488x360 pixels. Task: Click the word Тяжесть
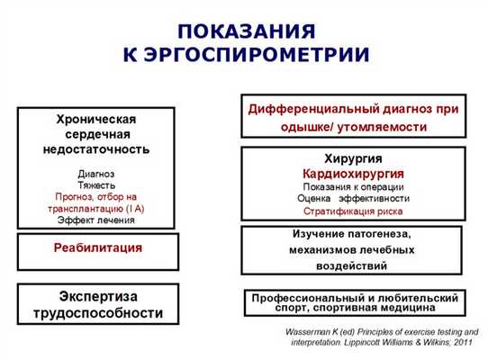click(x=96, y=183)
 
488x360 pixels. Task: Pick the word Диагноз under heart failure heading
click(x=96, y=171)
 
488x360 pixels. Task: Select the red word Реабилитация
click(x=97, y=247)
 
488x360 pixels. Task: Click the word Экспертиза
click(x=97, y=297)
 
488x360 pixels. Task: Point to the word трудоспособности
click(x=97, y=314)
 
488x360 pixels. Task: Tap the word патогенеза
click(x=389, y=236)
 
